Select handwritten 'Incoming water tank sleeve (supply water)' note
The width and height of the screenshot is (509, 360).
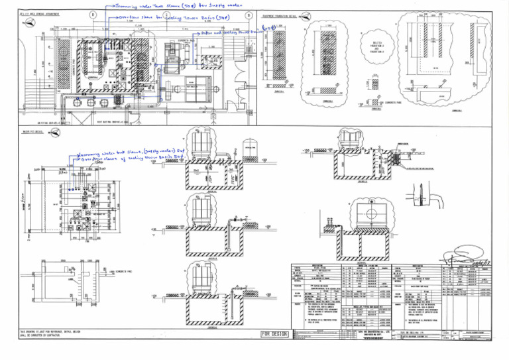point(126,154)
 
